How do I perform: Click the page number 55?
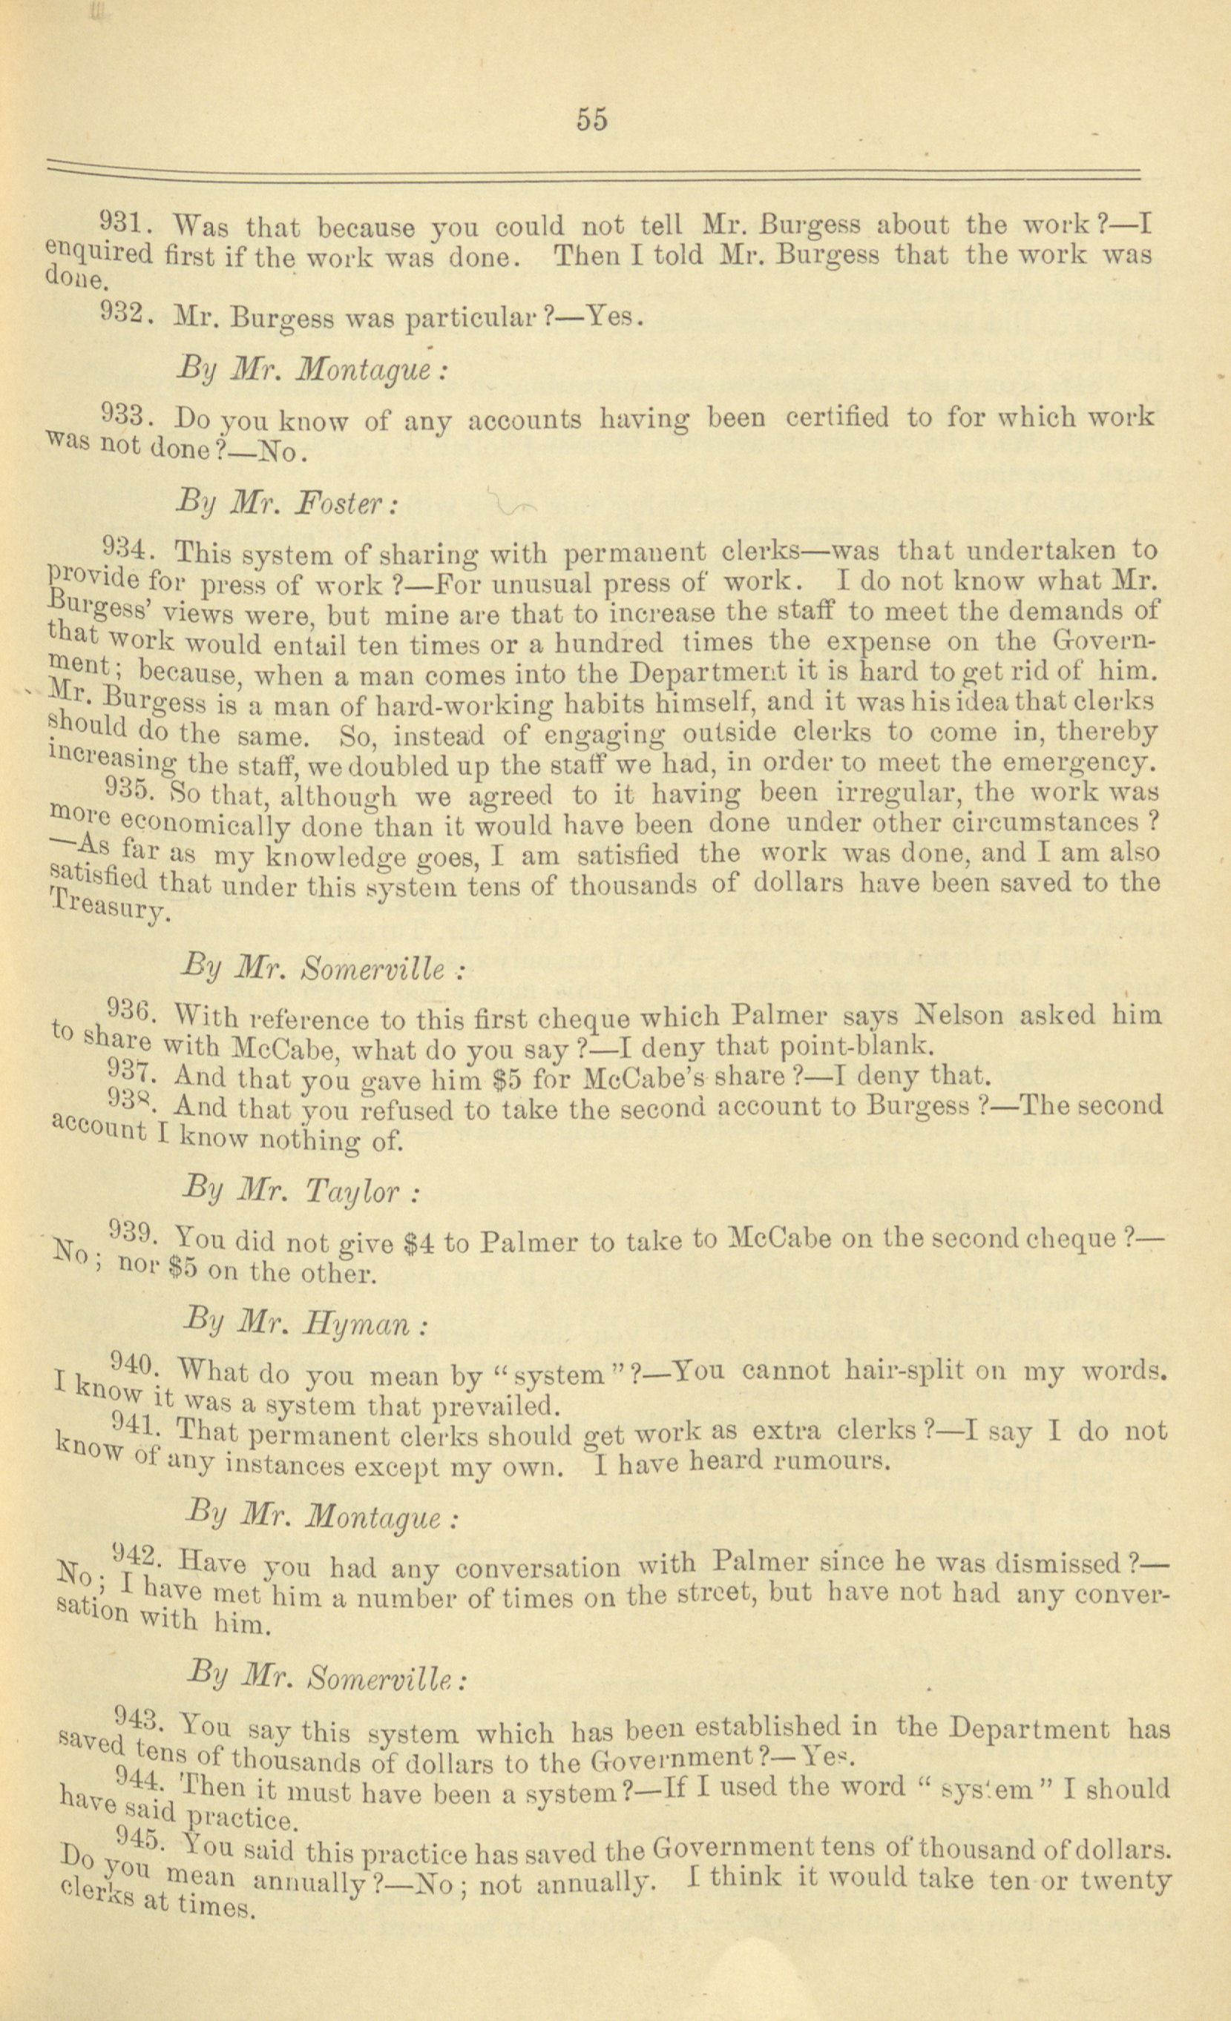591,120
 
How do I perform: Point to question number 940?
134,1363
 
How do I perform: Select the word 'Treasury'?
110,909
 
